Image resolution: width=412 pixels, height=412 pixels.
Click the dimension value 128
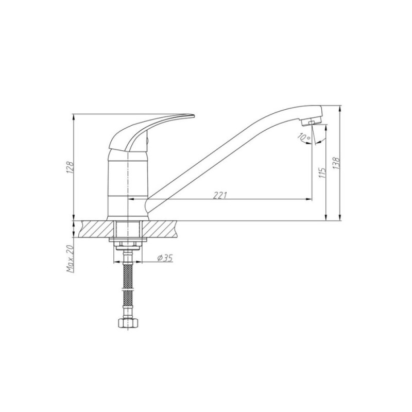[x=70, y=167]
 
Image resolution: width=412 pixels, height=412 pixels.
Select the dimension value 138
[x=336, y=163]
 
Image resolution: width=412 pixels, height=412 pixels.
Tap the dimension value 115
[x=322, y=172]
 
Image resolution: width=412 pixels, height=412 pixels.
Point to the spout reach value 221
[x=220, y=196]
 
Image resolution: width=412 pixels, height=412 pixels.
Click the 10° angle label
[x=304, y=136]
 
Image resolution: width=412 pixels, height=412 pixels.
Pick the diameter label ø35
[x=165, y=259]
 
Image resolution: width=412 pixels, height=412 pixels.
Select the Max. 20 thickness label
[x=70, y=259]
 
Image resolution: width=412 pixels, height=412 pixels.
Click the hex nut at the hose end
[x=127, y=323]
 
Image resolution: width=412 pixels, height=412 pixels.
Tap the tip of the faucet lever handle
[x=194, y=115]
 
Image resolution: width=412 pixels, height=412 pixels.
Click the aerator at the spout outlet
[x=312, y=122]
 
